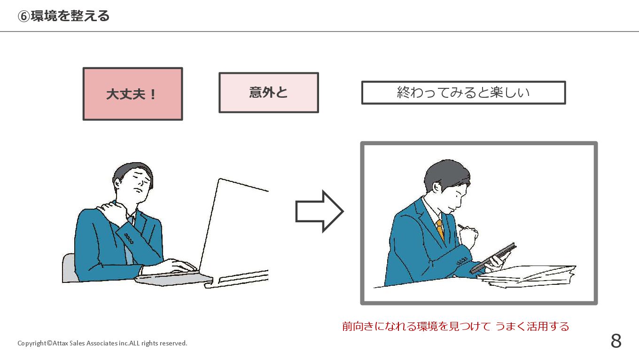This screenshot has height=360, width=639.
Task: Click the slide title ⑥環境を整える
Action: tap(63, 16)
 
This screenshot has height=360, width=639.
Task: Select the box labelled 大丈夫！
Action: tap(132, 94)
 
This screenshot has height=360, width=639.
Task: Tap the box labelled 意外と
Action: tap(268, 93)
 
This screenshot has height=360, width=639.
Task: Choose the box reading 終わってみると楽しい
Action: tap(463, 93)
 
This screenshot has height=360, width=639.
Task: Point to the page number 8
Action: tap(616, 341)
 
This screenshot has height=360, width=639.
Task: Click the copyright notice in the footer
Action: tap(102, 343)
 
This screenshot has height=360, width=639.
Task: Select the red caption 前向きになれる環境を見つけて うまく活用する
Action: tap(455, 326)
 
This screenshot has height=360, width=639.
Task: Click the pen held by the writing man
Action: tap(462, 227)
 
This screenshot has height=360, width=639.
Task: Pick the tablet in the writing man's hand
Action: tap(493, 258)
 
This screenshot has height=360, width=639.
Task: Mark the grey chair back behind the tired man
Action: tap(69, 268)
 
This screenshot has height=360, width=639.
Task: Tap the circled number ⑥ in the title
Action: tap(23, 16)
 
